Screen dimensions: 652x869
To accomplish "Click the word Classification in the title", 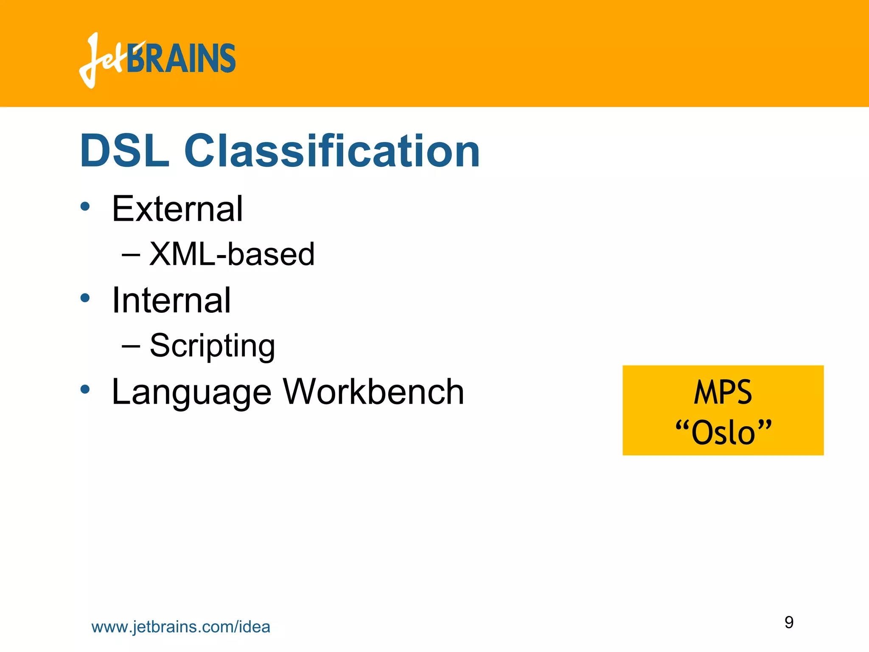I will (x=332, y=151).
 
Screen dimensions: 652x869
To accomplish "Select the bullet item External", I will (x=177, y=209).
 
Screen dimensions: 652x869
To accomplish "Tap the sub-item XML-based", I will (x=232, y=254).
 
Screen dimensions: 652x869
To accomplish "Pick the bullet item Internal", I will (x=171, y=300).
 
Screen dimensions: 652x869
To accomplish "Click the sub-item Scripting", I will (x=212, y=346).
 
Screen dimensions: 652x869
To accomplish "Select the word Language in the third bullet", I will (x=191, y=392).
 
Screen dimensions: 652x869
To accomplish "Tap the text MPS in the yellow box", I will (x=723, y=392).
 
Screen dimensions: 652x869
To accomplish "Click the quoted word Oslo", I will (x=723, y=433).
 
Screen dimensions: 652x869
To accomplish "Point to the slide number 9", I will (x=789, y=622).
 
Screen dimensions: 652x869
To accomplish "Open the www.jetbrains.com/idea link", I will (x=181, y=627).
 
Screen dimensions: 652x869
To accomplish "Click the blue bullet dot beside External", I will (x=85, y=207).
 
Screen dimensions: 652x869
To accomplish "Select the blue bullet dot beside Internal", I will (x=85, y=298).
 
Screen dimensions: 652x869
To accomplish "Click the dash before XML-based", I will (x=131, y=255).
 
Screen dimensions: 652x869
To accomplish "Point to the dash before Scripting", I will (x=131, y=346).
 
